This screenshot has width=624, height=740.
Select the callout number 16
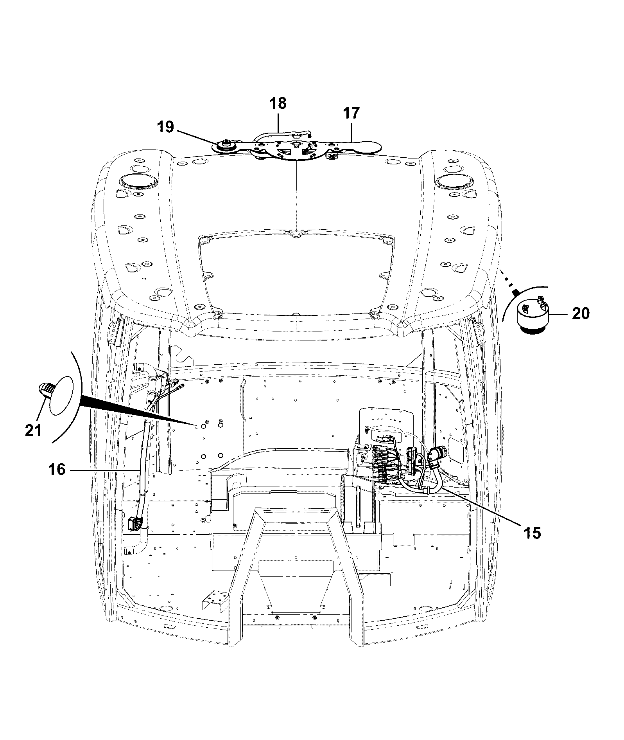point(57,469)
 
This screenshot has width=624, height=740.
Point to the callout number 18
point(278,103)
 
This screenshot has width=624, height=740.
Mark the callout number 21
point(33,430)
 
